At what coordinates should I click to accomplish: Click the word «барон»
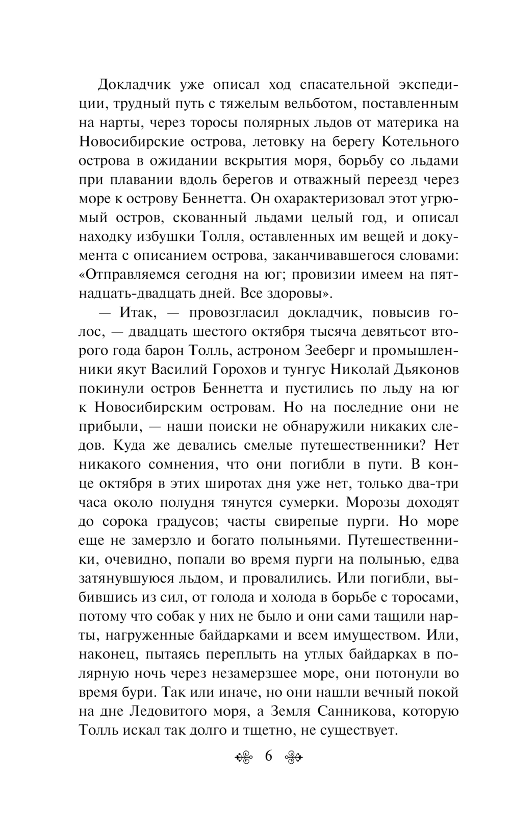click(x=156, y=351)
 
